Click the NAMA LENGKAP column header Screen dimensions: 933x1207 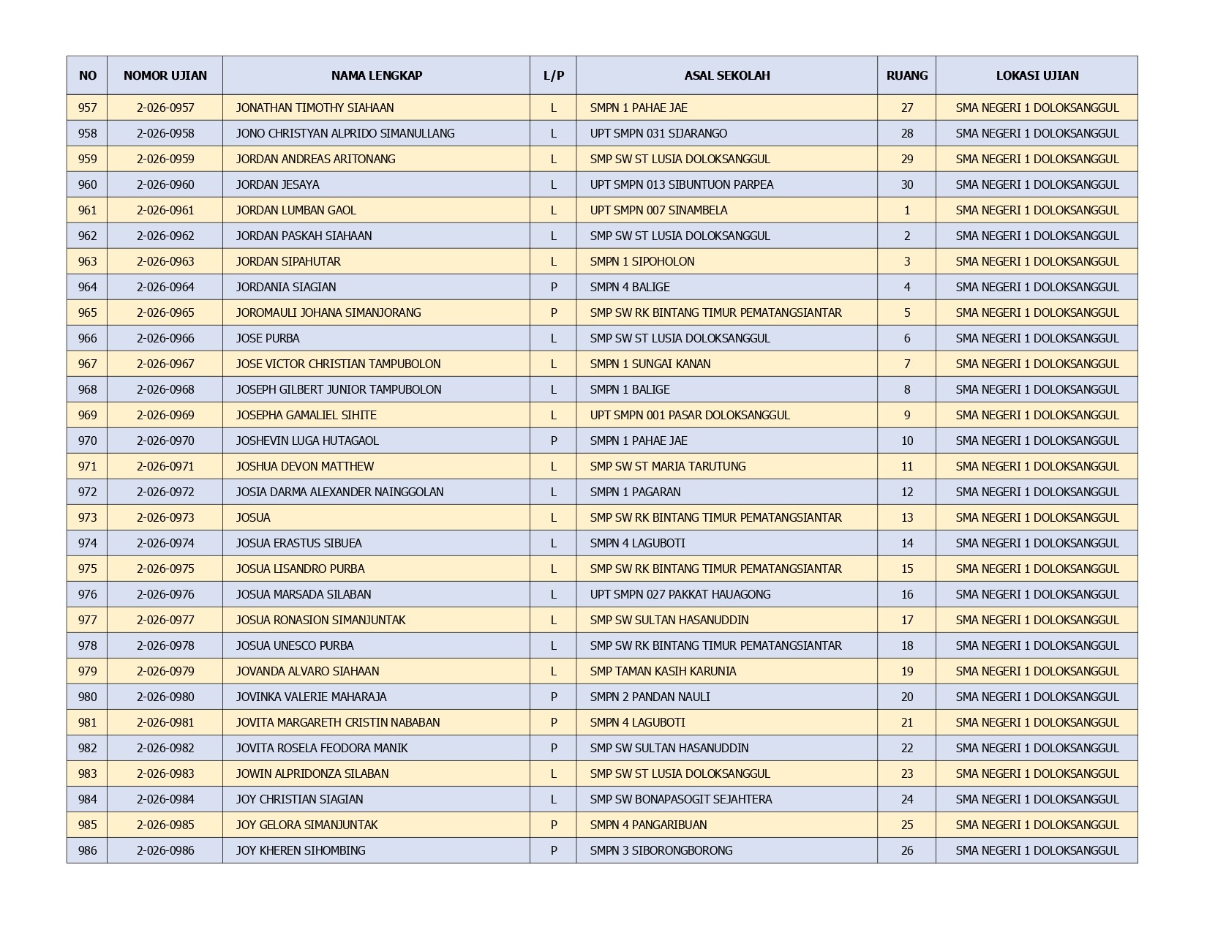[x=376, y=75]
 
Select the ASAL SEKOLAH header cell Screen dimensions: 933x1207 [x=726, y=75]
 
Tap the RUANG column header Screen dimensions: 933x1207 [x=906, y=75]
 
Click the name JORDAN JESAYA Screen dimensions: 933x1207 [x=277, y=184]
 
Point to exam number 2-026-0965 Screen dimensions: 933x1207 [x=165, y=312]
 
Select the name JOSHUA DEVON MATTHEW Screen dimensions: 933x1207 [x=304, y=466]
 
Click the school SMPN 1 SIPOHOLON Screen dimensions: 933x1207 [x=642, y=261]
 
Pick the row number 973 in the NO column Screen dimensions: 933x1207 [x=87, y=517]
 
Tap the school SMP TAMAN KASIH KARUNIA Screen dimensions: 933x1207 [x=663, y=671]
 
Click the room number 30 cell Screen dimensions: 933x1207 [x=907, y=184]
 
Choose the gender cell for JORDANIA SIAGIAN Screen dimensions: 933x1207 [x=553, y=287]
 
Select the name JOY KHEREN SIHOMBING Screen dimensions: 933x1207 [x=300, y=850]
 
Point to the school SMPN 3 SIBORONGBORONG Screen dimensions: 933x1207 [x=661, y=850]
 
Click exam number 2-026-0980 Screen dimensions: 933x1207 [x=165, y=697]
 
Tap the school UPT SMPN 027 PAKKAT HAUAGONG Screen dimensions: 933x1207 [x=680, y=594]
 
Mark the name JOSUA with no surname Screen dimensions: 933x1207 [x=253, y=517]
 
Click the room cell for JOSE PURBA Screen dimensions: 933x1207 [x=907, y=338]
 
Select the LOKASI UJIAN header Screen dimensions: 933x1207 [x=1037, y=75]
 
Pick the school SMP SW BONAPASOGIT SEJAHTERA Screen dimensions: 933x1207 [x=680, y=799]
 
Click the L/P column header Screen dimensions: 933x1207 [x=553, y=75]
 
